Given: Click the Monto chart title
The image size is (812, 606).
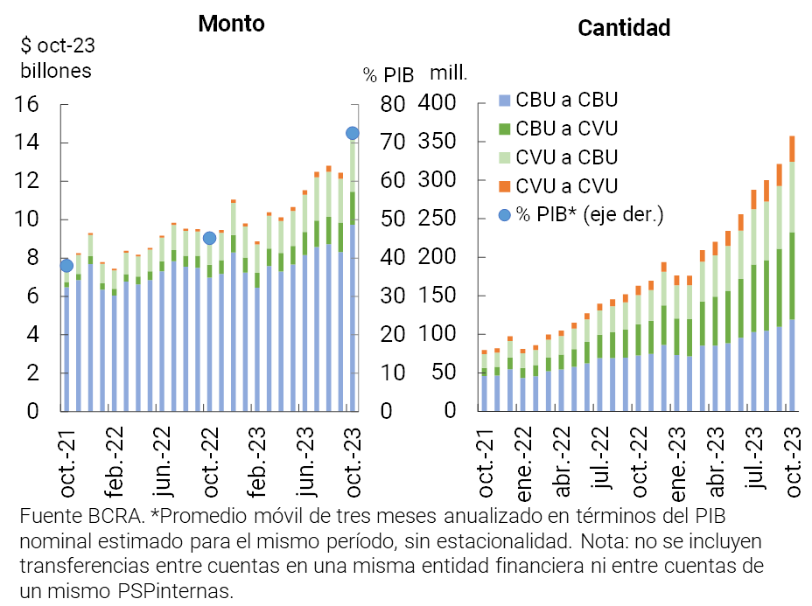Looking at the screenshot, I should pos(231,24).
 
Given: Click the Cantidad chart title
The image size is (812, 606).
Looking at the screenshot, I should pos(624,28).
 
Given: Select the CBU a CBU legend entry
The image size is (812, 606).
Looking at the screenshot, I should pos(568,101).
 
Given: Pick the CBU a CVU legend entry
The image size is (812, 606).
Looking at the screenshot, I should pos(568,129).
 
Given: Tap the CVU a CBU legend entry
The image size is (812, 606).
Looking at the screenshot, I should pos(568,157).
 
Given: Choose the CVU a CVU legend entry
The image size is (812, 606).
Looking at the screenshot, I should pos(568,185).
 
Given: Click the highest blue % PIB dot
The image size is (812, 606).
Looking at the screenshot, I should pos(353,133).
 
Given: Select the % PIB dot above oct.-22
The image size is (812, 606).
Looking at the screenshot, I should pos(209,238).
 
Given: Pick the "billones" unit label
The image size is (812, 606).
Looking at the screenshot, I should pos(56,71).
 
